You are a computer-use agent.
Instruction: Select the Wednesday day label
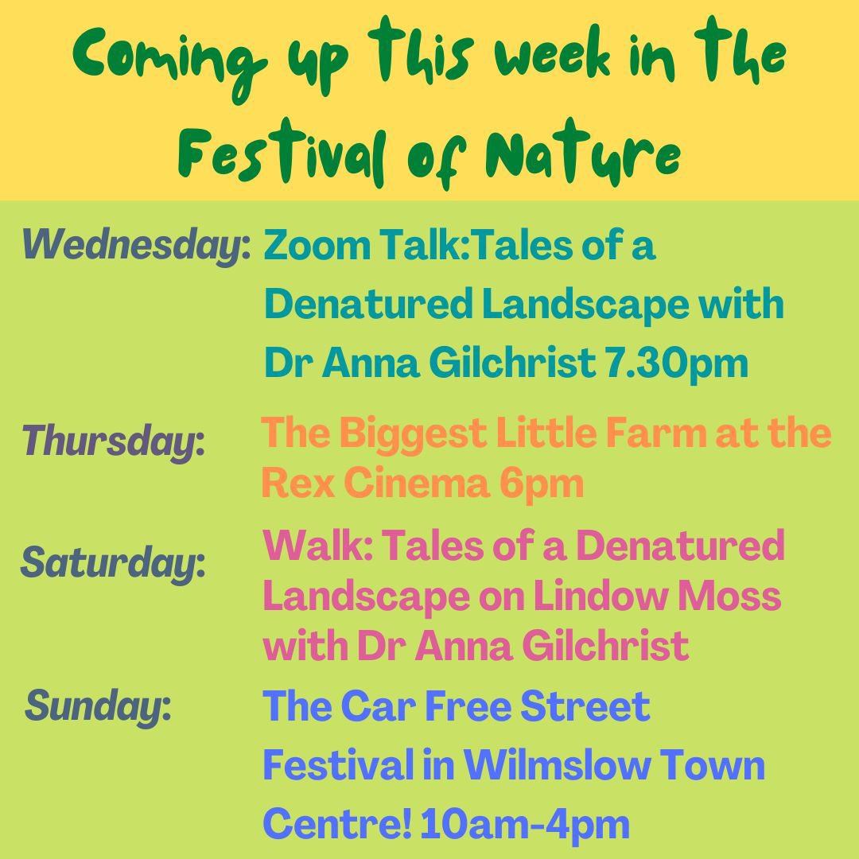click(x=136, y=244)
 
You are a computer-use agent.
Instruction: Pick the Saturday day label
click(x=113, y=564)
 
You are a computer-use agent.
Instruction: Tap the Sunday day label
click(x=99, y=705)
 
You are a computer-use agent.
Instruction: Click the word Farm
click(x=657, y=433)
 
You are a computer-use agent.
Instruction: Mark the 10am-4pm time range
click(x=526, y=824)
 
